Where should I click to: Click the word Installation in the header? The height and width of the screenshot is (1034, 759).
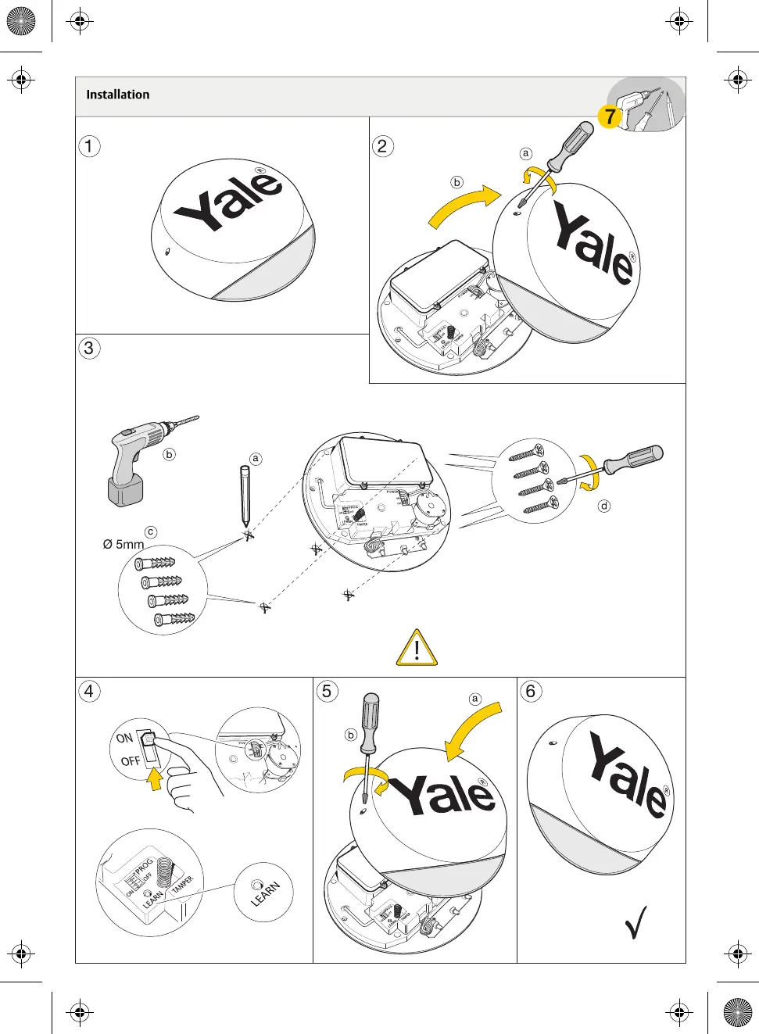click(117, 95)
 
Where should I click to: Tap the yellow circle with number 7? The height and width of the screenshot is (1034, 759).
click(609, 117)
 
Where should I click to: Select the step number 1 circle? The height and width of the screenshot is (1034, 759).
click(89, 146)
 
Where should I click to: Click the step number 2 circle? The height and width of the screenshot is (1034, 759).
click(382, 146)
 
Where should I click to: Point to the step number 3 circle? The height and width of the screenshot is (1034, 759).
click(89, 348)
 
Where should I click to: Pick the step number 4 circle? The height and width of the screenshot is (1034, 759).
click(89, 691)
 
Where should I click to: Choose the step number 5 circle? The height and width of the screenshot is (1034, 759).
click(327, 691)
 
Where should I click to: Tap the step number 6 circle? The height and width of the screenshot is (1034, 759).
click(531, 691)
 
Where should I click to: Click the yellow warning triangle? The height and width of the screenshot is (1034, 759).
click(417, 648)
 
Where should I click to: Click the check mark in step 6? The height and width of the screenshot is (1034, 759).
click(635, 922)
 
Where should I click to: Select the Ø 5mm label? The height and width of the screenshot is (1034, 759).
click(124, 544)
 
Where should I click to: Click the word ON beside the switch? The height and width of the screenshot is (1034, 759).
click(124, 738)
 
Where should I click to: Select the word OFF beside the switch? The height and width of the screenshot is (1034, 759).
click(130, 760)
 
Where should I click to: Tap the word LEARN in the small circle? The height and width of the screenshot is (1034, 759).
click(266, 894)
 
